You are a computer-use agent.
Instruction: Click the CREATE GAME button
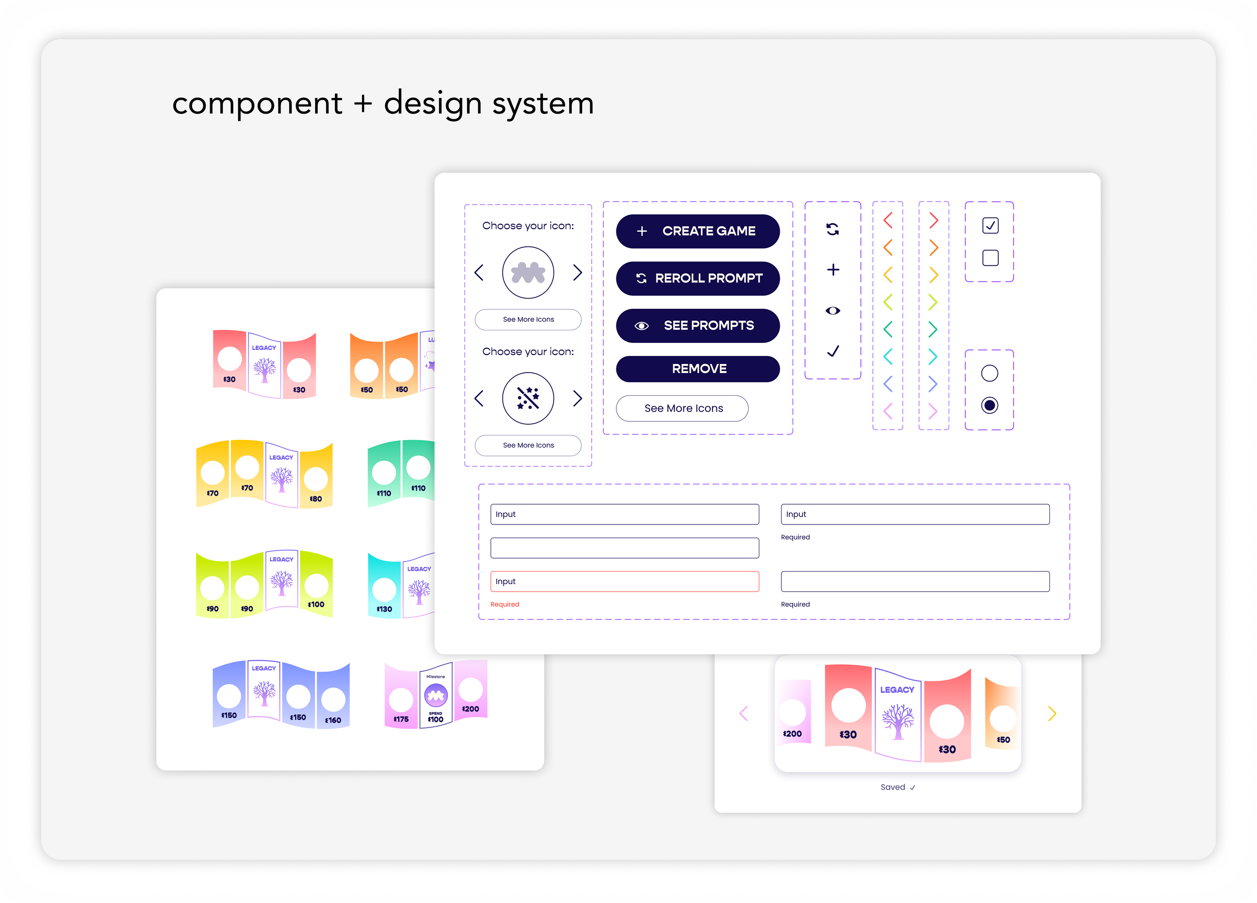click(x=697, y=231)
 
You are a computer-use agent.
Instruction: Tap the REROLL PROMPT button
click(x=697, y=278)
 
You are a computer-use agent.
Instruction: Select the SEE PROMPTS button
click(x=697, y=325)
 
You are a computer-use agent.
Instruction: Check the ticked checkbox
click(x=990, y=225)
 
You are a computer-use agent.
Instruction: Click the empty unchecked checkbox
click(x=990, y=258)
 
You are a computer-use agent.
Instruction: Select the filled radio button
click(x=990, y=405)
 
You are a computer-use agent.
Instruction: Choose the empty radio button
click(x=990, y=373)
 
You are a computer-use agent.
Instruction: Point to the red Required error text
click(x=504, y=604)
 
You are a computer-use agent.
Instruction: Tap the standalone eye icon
click(x=833, y=310)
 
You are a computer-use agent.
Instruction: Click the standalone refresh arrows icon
click(x=833, y=229)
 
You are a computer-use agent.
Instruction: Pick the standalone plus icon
click(x=833, y=270)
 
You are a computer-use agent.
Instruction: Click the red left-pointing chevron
click(x=887, y=220)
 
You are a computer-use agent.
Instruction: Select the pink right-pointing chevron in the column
click(x=933, y=411)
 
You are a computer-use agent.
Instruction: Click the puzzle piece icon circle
click(x=527, y=273)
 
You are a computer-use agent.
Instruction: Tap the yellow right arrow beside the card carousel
click(x=1051, y=713)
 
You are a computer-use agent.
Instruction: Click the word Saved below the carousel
click(x=892, y=787)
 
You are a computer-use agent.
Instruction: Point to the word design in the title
click(x=432, y=104)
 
